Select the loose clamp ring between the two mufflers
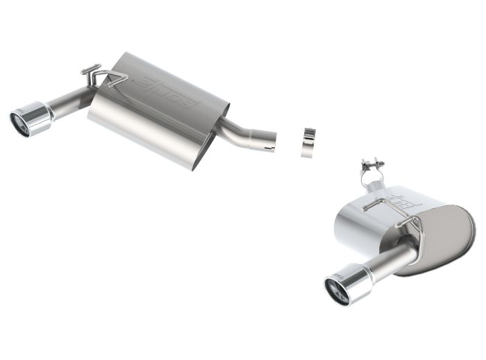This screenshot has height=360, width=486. (308, 142)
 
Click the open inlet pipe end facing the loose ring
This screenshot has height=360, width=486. (269, 141)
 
